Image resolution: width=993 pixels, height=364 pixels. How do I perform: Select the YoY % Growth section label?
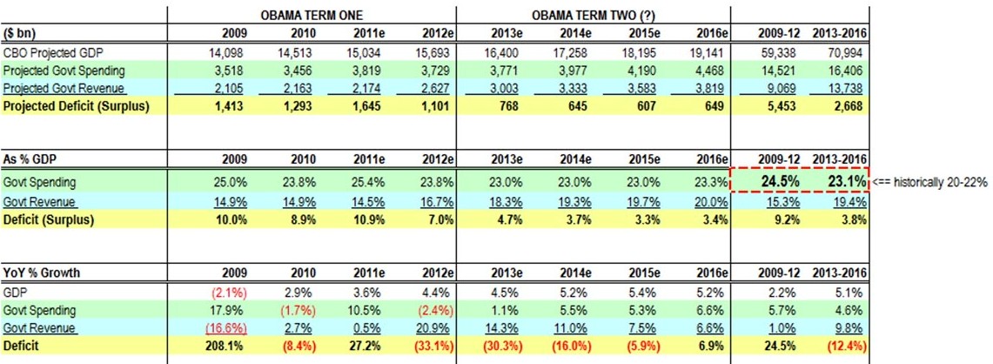(x=43, y=273)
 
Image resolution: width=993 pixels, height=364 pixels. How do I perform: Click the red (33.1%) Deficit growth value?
(x=433, y=346)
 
